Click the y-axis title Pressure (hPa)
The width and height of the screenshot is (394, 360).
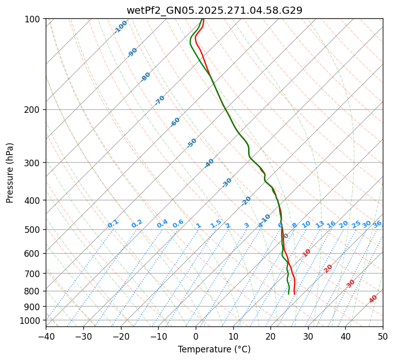10,172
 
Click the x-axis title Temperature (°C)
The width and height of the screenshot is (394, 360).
214,349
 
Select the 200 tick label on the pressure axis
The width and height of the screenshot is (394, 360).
34,109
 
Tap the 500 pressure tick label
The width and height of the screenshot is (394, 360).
34,229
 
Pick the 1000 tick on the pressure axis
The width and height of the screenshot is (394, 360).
32,320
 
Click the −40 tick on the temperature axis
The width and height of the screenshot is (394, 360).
46,336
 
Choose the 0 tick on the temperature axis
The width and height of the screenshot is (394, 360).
196,336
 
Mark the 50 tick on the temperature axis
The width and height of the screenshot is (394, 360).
383,336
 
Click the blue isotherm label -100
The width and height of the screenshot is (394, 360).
120,27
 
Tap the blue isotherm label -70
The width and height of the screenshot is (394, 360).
160,100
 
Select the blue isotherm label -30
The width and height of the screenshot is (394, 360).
227,183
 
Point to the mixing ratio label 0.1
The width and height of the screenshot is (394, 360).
113,224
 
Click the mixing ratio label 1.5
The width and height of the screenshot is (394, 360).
216,224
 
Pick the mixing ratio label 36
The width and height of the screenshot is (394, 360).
377,224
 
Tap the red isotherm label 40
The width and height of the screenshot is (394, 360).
373,299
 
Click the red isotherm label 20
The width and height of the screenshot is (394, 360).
328,268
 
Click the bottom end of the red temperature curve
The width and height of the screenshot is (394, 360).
294,294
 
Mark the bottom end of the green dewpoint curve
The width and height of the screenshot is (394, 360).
289,294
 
